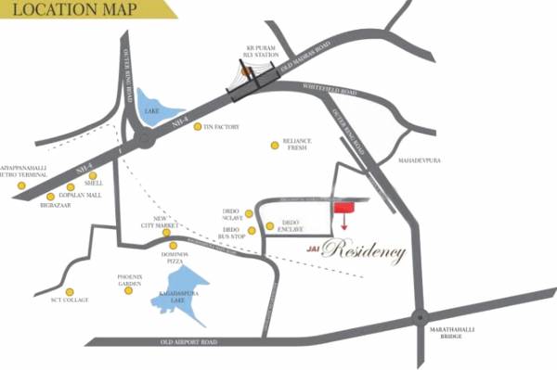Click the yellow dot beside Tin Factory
198,127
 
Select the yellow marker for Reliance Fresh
274,145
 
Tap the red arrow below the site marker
345,224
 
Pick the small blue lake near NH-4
151,107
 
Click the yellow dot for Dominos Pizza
173,246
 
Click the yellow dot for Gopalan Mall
71,187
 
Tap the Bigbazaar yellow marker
50,197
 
